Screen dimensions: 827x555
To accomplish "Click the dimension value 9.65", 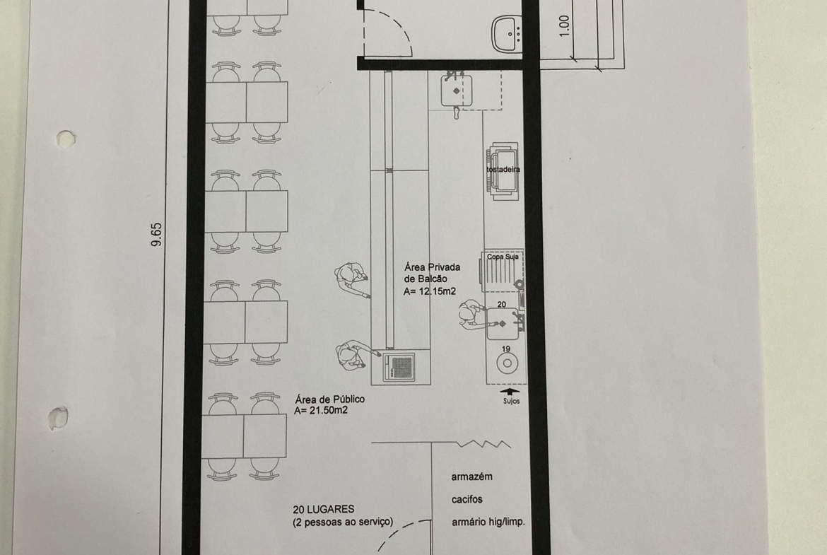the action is pos(157,235).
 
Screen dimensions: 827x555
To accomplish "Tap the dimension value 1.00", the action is pos(564,25).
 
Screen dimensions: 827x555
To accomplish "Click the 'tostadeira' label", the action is pos(503,170).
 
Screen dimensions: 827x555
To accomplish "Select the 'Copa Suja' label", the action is pos(503,257).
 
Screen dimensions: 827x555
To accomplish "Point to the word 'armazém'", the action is pos(472,477).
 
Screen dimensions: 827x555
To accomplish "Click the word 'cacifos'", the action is pos(467,499).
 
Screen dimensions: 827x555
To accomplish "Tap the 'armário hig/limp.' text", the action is pos(488,522).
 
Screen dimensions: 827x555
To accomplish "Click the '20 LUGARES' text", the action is pos(324,510).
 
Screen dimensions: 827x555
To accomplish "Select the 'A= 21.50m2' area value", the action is pos(321,411).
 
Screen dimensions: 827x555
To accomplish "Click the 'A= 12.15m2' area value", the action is pos(430,291).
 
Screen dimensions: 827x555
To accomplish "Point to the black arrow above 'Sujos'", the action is pos(510,392).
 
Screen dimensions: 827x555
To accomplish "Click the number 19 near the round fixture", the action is pos(506,349).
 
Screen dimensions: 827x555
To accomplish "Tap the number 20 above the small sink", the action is pos(502,305).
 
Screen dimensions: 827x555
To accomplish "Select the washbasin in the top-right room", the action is pos(507,34).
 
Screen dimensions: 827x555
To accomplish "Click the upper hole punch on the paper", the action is pos(66,139).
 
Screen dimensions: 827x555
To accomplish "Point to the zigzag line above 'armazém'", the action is pos(483,443).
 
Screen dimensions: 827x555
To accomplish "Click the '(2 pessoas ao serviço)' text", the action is pos(343,522).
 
